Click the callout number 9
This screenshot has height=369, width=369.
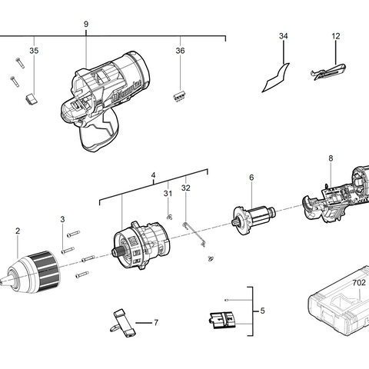click(x=85, y=25)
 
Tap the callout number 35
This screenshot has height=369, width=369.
click(x=33, y=51)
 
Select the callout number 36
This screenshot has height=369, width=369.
click(x=180, y=51)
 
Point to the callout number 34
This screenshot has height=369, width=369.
click(x=284, y=37)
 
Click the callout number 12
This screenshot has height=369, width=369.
click(x=336, y=36)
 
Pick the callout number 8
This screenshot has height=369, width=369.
click(x=330, y=159)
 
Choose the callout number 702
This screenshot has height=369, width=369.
click(x=359, y=282)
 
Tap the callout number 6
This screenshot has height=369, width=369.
click(x=251, y=178)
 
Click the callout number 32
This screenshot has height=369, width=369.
click(x=185, y=188)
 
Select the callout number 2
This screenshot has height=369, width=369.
click(x=17, y=231)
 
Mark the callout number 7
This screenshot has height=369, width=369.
click(x=156, y=322)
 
